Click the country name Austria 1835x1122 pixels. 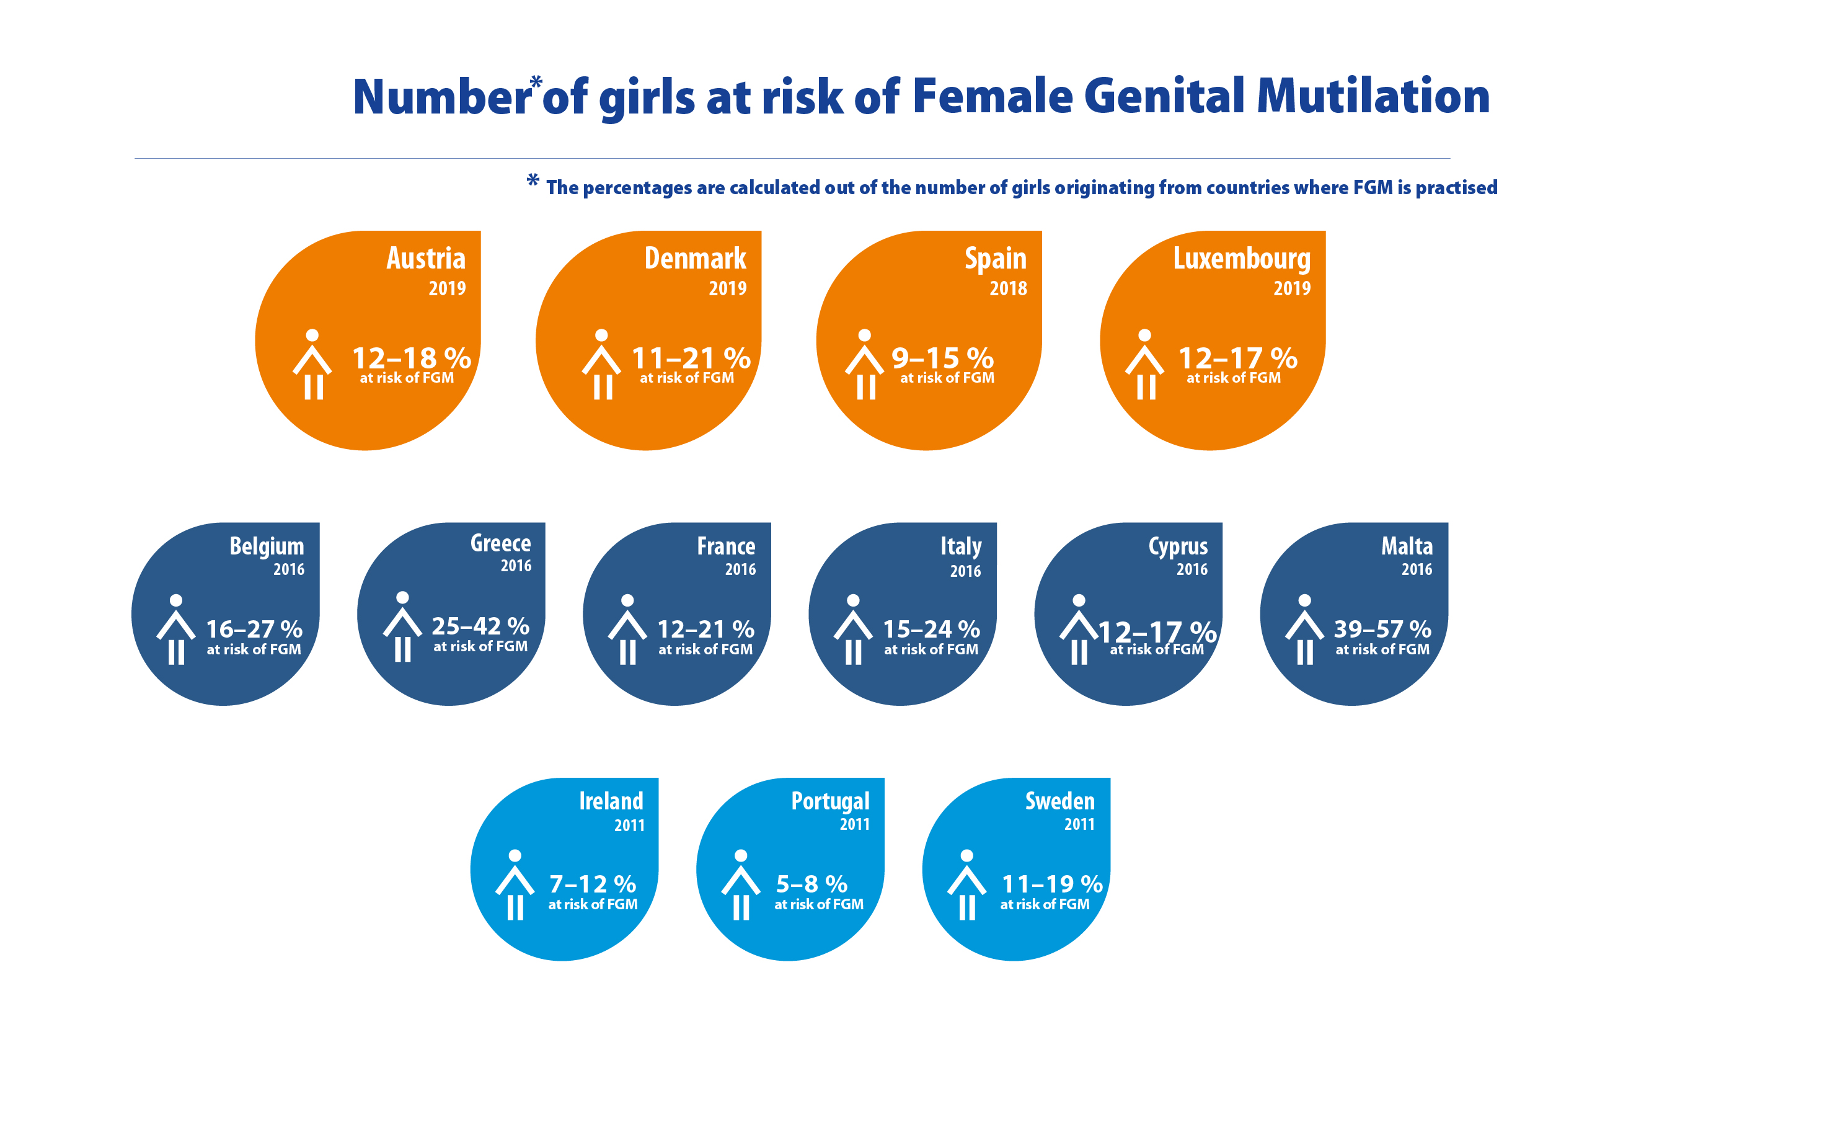pos(425,259)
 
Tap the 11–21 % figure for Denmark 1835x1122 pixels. pos(691,358)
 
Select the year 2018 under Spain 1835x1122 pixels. pos(1007,288)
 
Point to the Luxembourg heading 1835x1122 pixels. pos(1242,259)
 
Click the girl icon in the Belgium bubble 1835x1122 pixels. pos(176,629)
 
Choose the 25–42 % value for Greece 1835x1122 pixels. pos(480,625)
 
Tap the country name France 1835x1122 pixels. pos(725,546)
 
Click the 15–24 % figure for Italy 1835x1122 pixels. pos(931,629)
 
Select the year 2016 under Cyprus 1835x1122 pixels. pos(1192,569)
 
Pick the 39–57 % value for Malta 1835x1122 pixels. pos(1382,629)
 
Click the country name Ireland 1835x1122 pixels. pos(611,801)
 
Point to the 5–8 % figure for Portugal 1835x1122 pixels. pos(811,884)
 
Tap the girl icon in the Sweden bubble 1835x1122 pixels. pos(966,884)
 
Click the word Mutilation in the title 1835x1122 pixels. pos(1373,97)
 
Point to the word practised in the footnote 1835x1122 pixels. pos(1456,188)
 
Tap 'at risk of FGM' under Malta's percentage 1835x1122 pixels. pos(1382,649)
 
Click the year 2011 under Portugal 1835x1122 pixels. pos(854,824)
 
